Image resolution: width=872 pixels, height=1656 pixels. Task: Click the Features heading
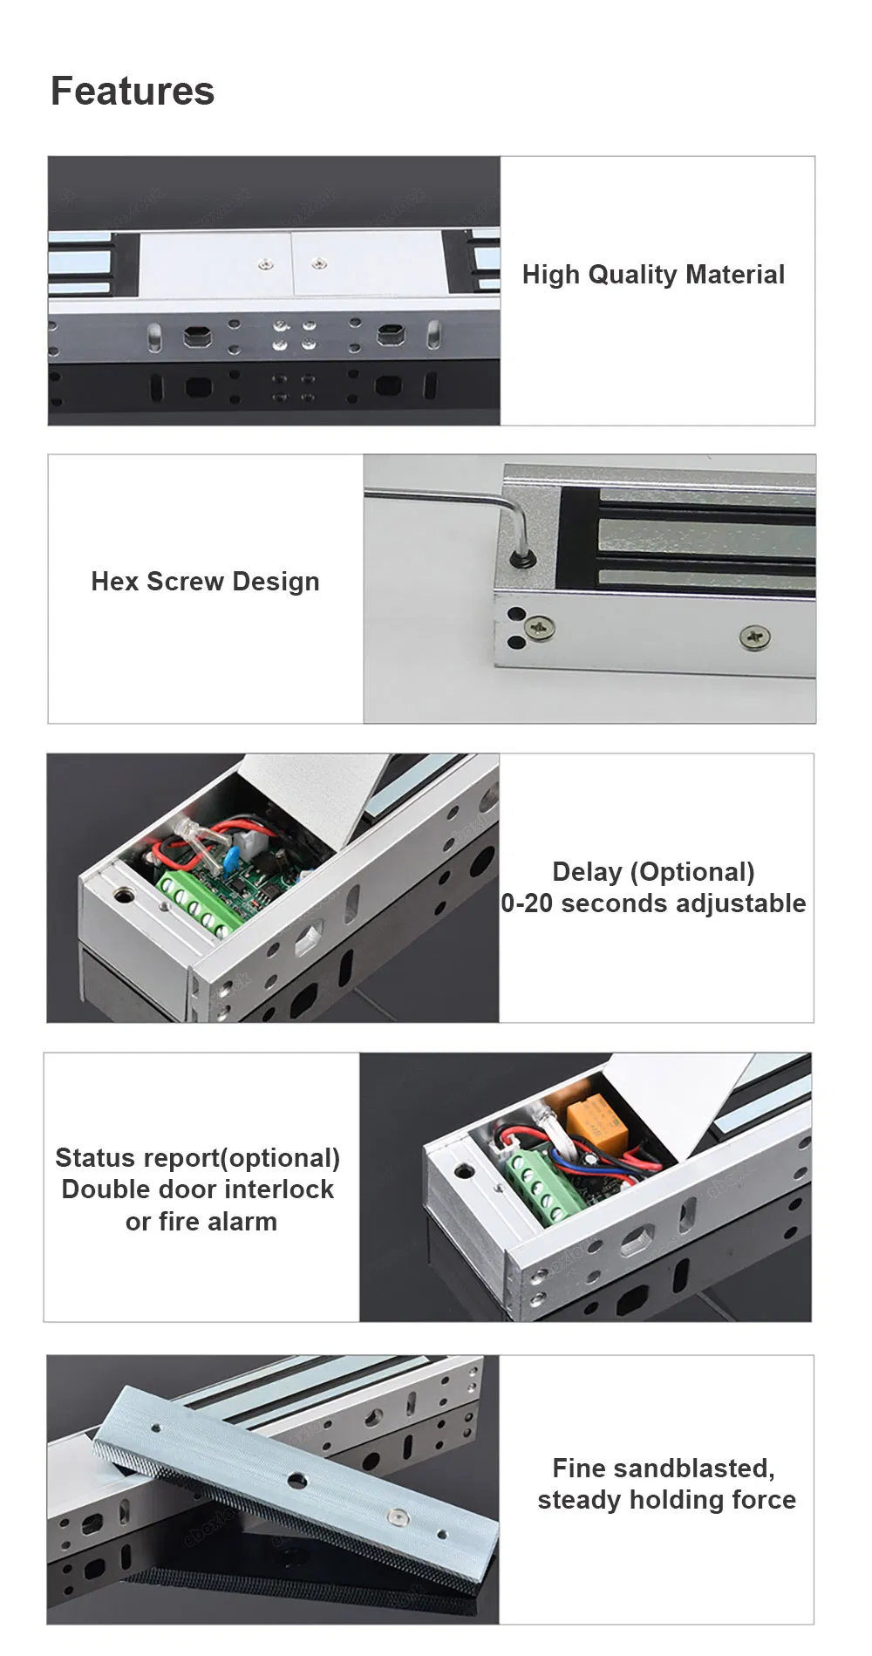(x=133, y=91)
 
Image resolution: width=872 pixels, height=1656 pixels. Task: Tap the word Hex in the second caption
(x=115, y=582)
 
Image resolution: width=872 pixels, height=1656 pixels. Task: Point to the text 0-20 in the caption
(x=527, y=903)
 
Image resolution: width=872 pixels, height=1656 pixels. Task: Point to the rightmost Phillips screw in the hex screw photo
(x=754, y=637)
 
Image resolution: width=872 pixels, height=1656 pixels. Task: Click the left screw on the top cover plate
(x=265, y=260)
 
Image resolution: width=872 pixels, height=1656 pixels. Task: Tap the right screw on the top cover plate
(x=320, y=261)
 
